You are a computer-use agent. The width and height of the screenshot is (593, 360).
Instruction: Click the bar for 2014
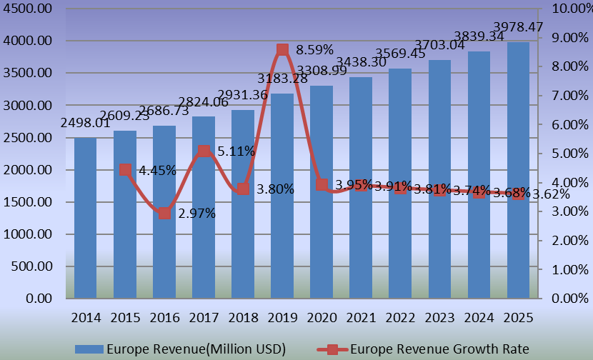85,218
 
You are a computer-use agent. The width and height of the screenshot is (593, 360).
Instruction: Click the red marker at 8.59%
282,49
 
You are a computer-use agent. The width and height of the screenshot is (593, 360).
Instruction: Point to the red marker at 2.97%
164,213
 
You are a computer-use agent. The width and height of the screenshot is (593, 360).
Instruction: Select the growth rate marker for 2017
204,151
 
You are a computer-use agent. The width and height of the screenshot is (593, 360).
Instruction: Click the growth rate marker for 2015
125,169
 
